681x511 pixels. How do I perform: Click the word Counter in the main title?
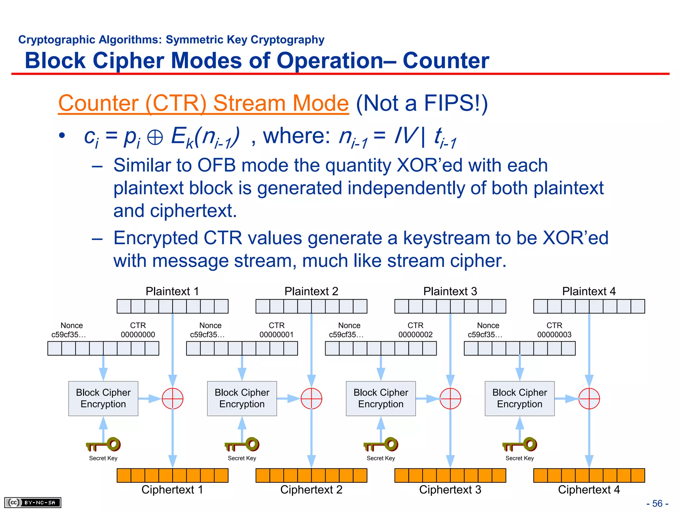(446, 61)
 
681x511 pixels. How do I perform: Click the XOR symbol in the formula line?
(155, 137)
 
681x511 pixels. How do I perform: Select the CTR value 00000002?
(415, 335)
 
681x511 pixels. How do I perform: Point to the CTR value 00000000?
(138, 335)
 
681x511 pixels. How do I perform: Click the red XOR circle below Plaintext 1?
(172, 399)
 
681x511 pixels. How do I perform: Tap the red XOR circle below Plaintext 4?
(589, 399)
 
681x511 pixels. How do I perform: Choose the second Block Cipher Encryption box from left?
(242, 399)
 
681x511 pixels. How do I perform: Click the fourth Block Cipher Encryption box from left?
(519, 399)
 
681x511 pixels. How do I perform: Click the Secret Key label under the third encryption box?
(381, 458)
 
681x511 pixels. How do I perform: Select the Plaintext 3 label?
(450, 291)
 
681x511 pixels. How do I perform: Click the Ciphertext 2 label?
(311, 490)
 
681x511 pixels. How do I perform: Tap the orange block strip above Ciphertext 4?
(589, 475)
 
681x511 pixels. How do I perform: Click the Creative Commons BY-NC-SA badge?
(33, 502)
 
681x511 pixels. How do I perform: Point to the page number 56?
(657, 503)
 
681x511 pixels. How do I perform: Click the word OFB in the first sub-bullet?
(216, 165)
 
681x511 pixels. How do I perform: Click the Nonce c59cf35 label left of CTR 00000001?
(208, 330)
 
